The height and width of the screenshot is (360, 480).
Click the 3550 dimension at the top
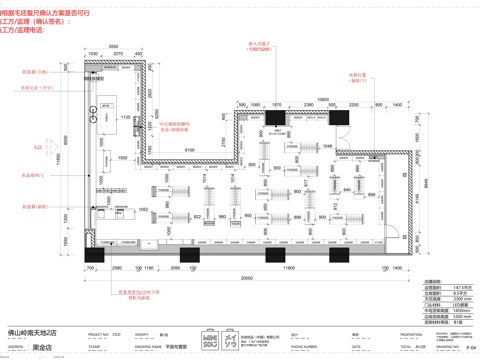(x=114, y=46)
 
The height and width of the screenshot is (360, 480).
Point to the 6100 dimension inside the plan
(x=189, y=148)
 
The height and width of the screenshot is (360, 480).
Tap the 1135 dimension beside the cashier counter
(x=125, y=117)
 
